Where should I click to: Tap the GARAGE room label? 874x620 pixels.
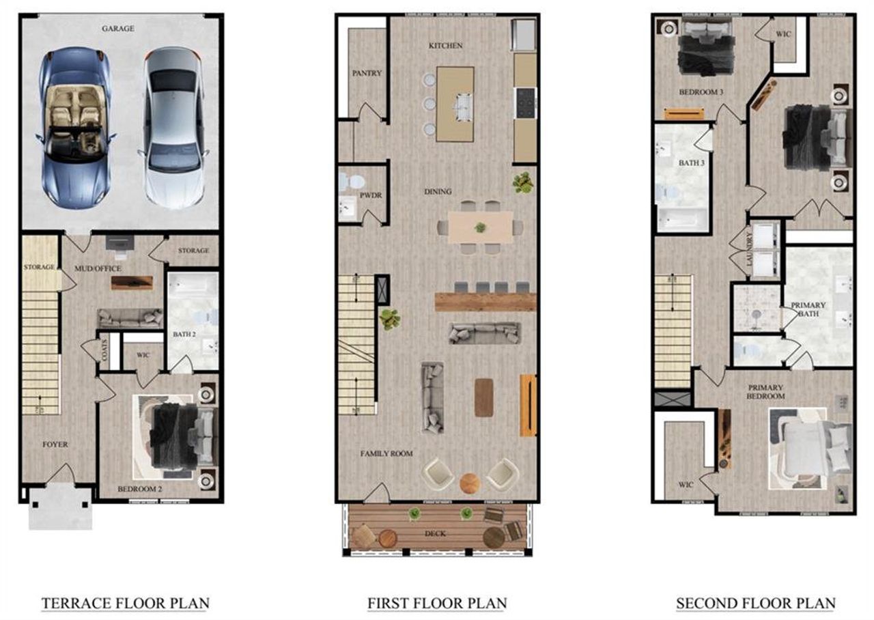click(118, 29)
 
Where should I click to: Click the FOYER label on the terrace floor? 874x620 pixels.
click(55, 445)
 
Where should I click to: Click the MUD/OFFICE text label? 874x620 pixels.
click(98, 268)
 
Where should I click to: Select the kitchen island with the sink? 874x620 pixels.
click(455, 104)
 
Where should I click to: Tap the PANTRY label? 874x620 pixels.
click(367, 73)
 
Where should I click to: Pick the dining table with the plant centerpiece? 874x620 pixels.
click(481, 227)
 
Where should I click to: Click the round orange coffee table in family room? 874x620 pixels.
click(470, 483)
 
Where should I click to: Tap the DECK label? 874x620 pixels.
click(434, 533)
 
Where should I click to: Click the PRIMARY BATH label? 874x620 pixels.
click(808, 309)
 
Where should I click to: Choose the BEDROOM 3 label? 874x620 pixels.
click(701, 92)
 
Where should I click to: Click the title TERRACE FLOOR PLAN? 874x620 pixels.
click(125, 604)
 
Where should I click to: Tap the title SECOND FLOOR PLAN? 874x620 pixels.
click(755, 604)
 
